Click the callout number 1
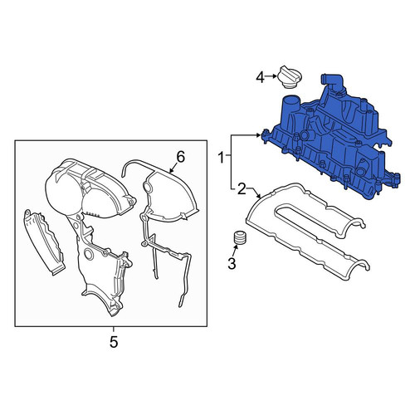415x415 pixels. pyautogui.click(x=222, y=158)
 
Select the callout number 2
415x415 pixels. pyautogui.click(x=242, y=189)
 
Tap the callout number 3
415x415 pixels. pyautogui.click(x=232, y=263)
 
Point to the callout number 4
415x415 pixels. pyautogui.click(x=260, y=77)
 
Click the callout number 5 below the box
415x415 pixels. pyautogui.click(x=114, y=342)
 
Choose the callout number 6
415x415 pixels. pyautogui.click(x=180, y=158)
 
